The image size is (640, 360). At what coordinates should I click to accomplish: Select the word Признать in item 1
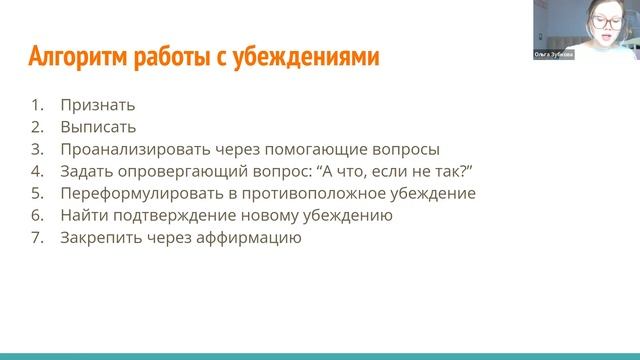click(97, 105)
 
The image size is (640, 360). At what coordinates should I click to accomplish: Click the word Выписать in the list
click(98, 127)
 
